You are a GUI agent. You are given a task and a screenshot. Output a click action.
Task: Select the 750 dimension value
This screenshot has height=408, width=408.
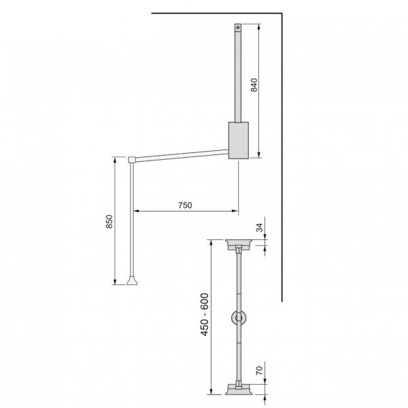(185, 204)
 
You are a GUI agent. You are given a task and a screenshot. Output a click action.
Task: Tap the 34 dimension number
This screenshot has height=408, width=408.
(258, 227)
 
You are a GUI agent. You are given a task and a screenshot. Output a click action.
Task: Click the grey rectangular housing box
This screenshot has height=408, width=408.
(239, 140)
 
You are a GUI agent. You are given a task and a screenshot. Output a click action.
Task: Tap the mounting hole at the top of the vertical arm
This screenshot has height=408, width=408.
(237, 28)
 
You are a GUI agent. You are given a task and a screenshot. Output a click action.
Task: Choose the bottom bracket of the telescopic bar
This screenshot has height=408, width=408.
(239, 390)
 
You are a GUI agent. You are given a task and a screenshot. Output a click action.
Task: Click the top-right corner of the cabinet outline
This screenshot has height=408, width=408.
(282, 13)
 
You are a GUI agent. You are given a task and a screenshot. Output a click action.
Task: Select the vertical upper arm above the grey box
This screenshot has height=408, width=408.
(237, 75)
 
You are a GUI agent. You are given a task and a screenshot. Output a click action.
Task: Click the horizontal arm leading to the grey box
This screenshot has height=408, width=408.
(180, 154)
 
